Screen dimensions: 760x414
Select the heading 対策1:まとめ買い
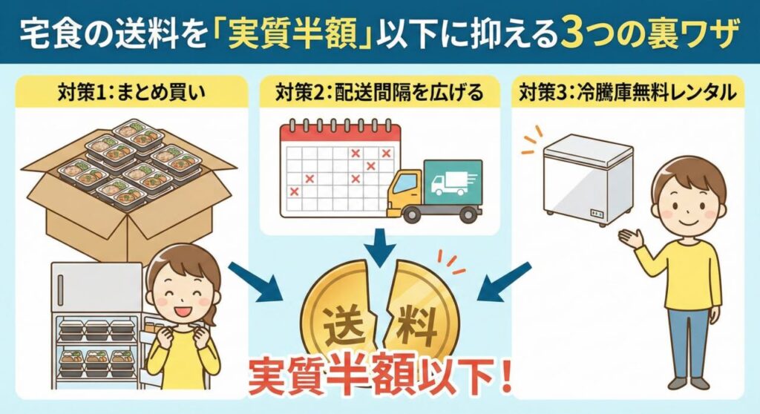pos(131,91)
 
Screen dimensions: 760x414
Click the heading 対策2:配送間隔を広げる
pos(379,91)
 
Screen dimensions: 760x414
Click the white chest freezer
pos(588,180)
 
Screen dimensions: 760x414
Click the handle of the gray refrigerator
pos(61,290)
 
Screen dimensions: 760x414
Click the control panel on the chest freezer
pos(597,213)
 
